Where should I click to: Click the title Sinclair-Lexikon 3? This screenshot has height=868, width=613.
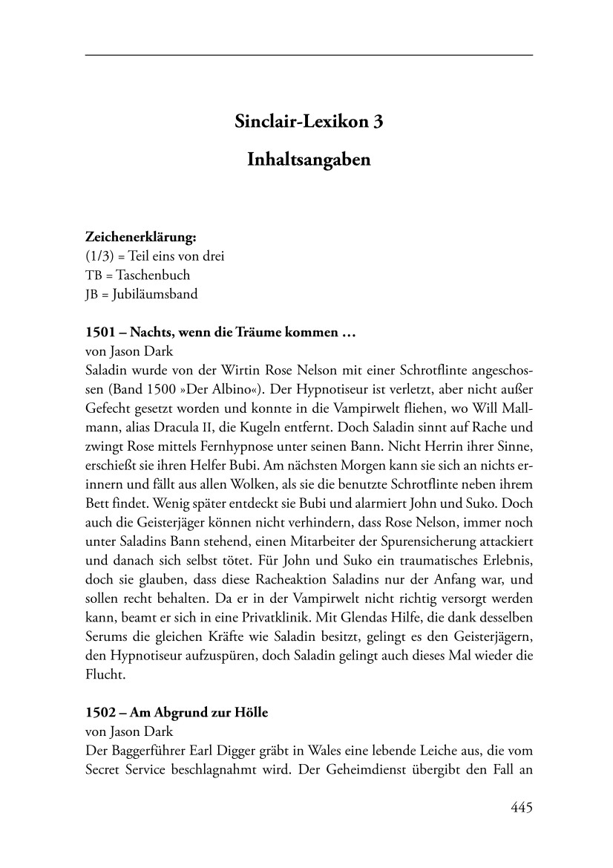tap(309, 122)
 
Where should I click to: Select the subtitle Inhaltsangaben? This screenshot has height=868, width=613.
tap(309, 160)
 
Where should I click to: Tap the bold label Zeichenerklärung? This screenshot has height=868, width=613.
tap(140, 238)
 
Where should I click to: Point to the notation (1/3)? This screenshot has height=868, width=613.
tap(102, 256)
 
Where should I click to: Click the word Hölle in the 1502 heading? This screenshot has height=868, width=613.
tap(251, 712)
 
